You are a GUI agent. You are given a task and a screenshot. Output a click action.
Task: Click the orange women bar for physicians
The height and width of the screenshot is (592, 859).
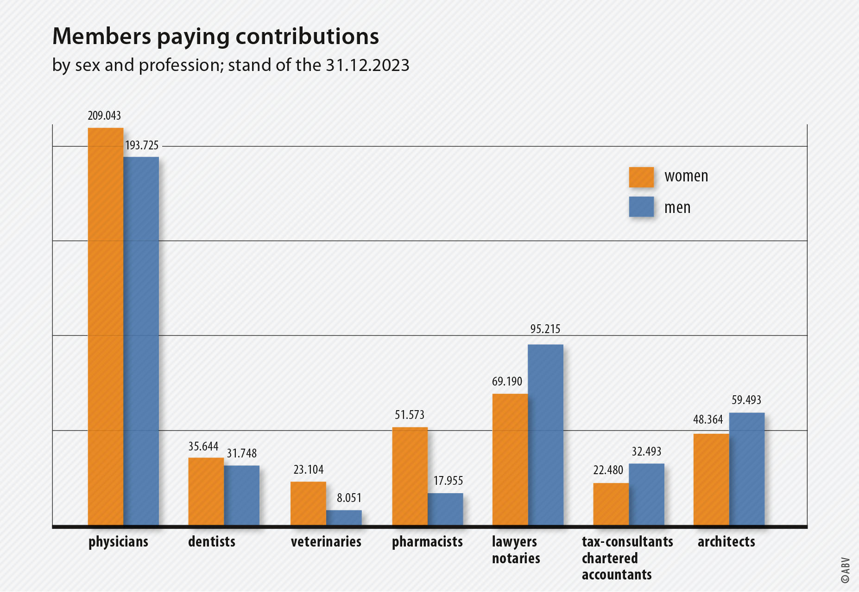[x=106, y=325]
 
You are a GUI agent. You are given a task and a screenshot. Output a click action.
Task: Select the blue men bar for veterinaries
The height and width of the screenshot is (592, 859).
[x=344, y=518]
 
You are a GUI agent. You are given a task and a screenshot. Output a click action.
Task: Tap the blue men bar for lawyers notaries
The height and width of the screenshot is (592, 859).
[x=545, y=434]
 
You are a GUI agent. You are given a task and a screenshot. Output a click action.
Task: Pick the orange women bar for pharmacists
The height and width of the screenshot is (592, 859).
[x=410, y=476]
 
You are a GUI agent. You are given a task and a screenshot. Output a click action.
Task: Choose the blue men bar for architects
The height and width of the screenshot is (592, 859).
[x=746, y=469]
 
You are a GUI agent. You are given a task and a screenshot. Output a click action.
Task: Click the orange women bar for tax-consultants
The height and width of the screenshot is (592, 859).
[x=611, y=504]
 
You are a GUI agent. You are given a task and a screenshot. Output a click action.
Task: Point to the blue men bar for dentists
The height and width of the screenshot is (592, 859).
[x=241, y=495]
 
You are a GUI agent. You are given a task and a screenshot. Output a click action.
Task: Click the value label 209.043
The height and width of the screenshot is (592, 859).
[x=104, y=116]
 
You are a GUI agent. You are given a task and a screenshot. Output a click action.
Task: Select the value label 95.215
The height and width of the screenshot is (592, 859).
[x=545, y=329]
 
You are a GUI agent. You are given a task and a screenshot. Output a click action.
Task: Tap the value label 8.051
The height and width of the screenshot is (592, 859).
[x=349, y=498]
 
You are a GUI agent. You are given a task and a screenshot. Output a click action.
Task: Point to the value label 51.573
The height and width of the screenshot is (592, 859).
[x=410, y=415]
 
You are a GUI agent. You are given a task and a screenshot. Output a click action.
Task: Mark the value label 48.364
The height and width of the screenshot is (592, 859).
[x=708, y=419]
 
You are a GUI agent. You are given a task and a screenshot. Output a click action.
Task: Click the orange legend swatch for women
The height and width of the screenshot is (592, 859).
[x=641, y=177]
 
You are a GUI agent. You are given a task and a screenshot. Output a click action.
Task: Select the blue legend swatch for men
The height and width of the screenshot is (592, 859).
[x=641, y=206]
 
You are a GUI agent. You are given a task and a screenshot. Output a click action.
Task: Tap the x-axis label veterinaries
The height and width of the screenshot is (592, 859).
[x=326, y=541]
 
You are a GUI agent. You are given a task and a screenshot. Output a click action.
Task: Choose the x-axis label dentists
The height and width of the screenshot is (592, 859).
[x=212, y=541]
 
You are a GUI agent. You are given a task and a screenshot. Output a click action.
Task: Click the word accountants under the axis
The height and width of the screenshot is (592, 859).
[x=617, y=574]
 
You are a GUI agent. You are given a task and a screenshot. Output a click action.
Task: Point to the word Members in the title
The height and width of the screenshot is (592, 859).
[x=101, y=36]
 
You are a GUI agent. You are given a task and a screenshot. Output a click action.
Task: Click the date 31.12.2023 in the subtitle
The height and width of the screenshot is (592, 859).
[x=367, y=65]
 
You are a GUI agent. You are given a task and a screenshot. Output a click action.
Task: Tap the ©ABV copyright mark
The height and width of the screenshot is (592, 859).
[x=845, y=570]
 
